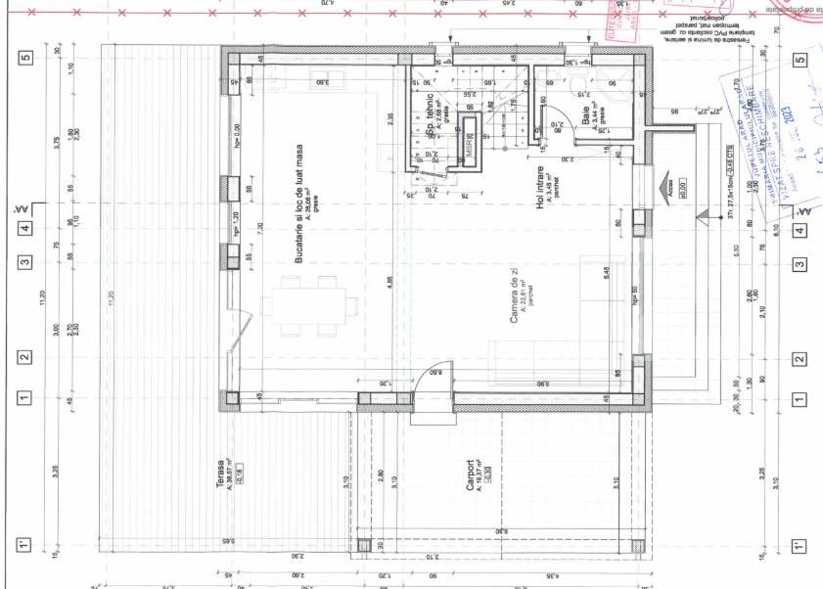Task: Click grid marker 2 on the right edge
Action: (800, 357)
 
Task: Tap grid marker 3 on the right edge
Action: (800, 263)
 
